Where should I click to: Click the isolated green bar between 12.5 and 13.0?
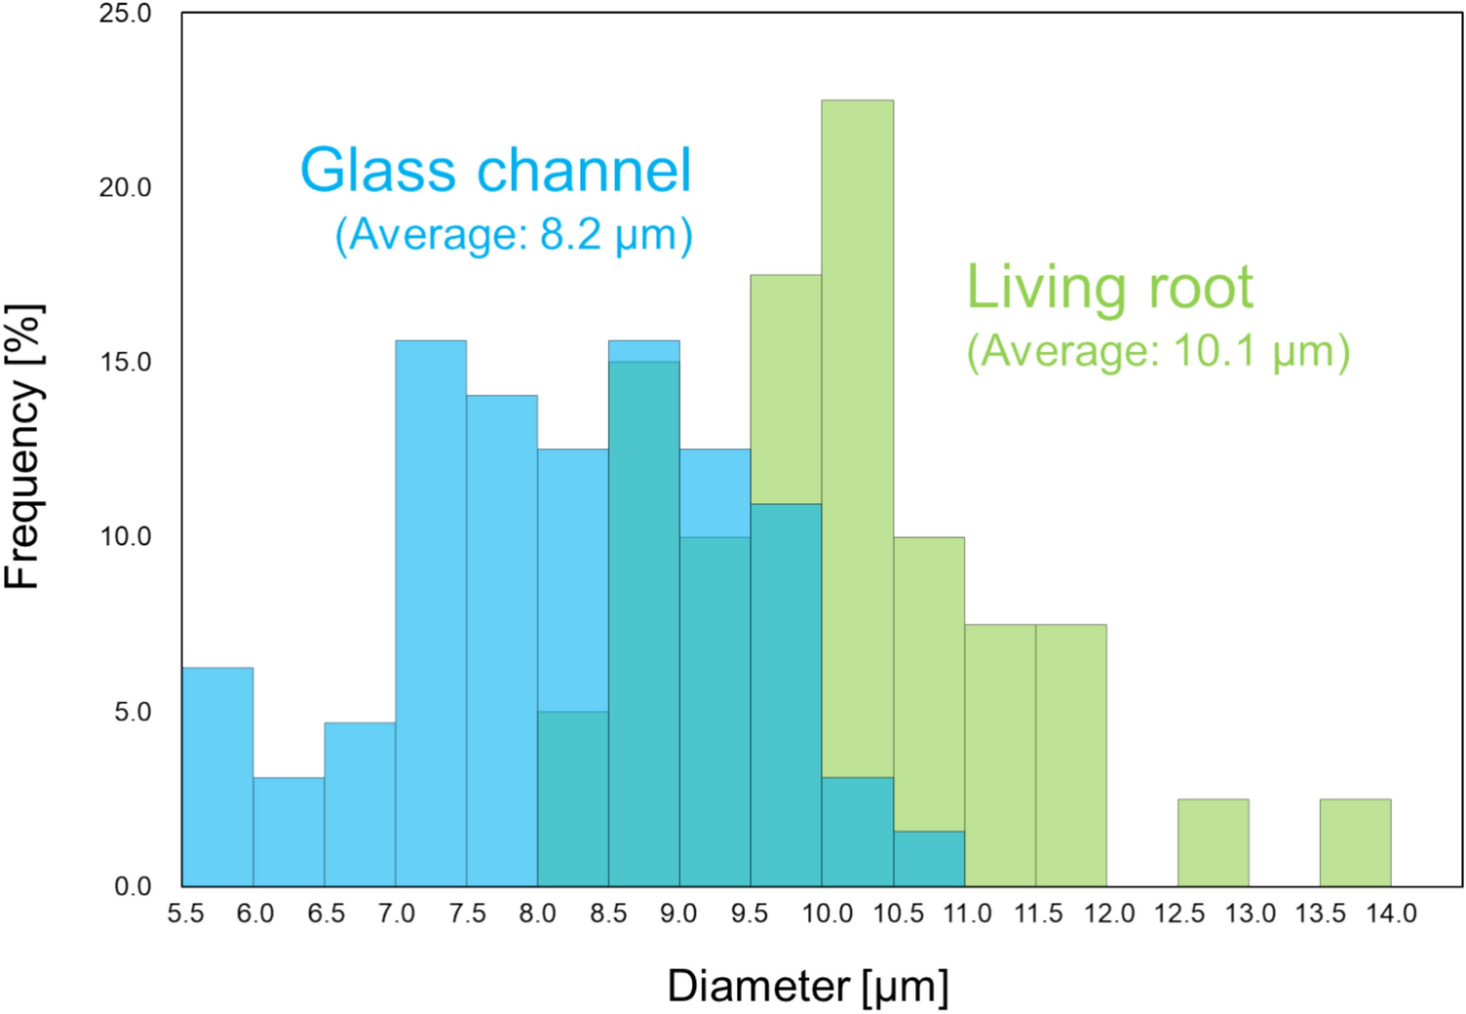pyautogui.click(x=1213, y=842)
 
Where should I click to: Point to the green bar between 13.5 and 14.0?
pyautogui.click(x=1355, y=842)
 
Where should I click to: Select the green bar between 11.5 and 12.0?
pyautogui.click(x=1070, y=755)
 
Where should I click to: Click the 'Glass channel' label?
pyautogui.click(x=495, y=171)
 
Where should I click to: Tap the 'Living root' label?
pyautogui.click(x=1109, y=288)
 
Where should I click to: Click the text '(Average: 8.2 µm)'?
pyautogui.click(x=514, y=235)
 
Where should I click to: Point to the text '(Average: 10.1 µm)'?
pyautogui.click(x=1158, y=351)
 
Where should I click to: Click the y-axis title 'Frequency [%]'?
pyautogui.click(x=23, y=447)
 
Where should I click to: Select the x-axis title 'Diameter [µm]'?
pyautogui.click(x=807, y=986)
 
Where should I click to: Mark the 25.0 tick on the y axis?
pyautogui.click(x=125, y=14)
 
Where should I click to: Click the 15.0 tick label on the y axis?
pyautogui.click(x=125, y=362)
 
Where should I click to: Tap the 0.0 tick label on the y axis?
pyautogui.click(x=132, y=886)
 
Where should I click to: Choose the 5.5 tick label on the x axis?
pyautogui.click(x=185, y=914)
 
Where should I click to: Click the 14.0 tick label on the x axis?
pyautogui.click(x=1391, y=914)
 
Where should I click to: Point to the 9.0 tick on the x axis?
pyautogui.click(x=678, y=914)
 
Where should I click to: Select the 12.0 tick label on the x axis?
pyautogui.click(x=1109, y=914)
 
